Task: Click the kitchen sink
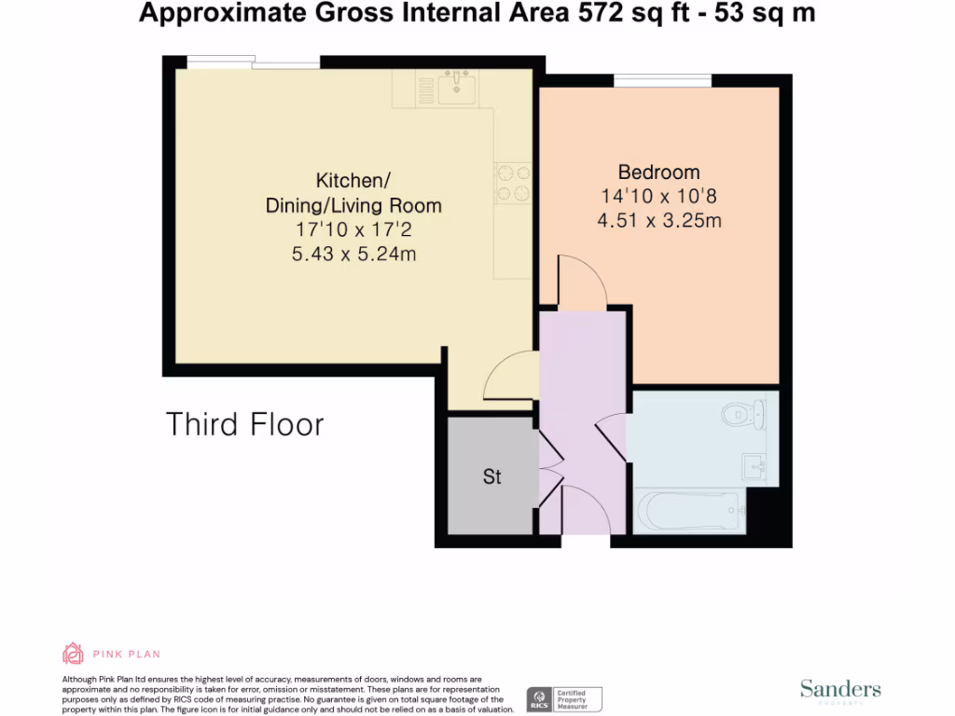tap(457, 87)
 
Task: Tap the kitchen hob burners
tap(512, 183)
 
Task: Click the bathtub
tap(691, 511)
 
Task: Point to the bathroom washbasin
tap(754, 464)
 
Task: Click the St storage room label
tap(491, 476)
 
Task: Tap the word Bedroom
tap(658, 172)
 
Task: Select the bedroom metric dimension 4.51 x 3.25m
tap(658, 221)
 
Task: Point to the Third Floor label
tap(244, 424)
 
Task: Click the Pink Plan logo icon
tap(73, 654)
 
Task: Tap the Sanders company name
tap(839, 689)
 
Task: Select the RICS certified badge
tap(565, 698)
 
